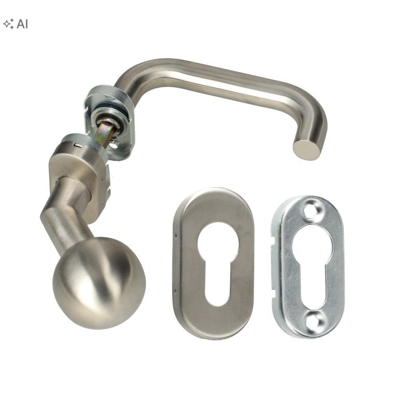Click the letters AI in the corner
point(22,24)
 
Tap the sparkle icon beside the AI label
point(8,24)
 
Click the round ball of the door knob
point(99,283)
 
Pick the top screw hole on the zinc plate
point(312,211)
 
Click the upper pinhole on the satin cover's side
point(175,235)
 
